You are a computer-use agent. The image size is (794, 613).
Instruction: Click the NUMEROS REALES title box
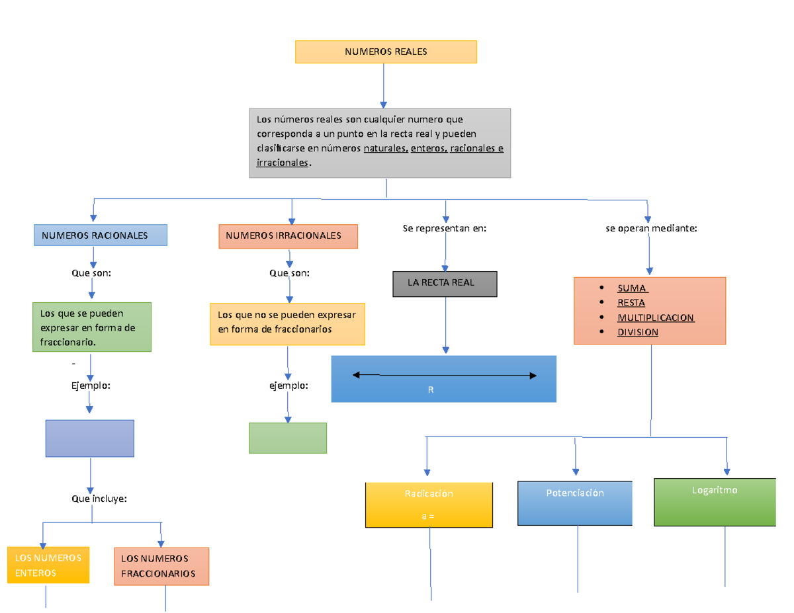385,52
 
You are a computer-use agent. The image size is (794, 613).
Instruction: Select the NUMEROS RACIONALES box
100,235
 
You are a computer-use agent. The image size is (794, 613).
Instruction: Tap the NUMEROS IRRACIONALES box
288,236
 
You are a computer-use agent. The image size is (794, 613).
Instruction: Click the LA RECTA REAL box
445,284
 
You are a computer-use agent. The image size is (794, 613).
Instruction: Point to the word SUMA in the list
633,288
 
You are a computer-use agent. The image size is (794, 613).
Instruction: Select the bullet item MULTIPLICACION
655,317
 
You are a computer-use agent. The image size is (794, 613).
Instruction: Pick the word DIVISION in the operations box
637,332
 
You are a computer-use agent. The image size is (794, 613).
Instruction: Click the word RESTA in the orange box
631,303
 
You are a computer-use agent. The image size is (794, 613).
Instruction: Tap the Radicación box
429,505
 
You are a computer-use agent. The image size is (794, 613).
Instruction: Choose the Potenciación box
575,503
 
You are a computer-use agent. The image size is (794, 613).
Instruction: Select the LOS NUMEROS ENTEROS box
48,565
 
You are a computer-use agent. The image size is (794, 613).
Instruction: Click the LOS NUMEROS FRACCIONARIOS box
161,566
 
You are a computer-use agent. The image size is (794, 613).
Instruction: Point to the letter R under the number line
431,390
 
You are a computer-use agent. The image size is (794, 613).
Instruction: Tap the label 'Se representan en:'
445,228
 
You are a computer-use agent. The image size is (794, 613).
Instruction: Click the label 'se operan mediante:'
651,228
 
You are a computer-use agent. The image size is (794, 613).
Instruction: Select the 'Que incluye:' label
99,499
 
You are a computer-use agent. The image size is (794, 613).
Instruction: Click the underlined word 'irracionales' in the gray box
282,162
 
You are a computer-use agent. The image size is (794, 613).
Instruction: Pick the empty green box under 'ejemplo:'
288,438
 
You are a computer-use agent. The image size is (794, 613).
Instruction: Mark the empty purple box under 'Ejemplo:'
90,438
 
